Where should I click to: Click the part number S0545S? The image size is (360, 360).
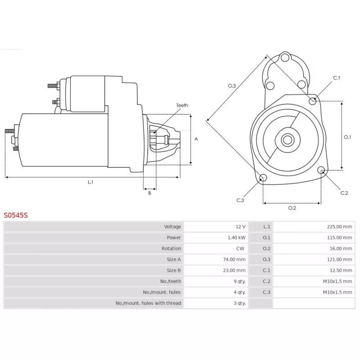coord(16,215)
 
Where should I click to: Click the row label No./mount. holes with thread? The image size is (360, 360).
coord(148,303)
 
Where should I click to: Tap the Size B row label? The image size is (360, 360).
coord(174,270)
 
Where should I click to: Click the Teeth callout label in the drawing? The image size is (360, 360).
coord(182,105)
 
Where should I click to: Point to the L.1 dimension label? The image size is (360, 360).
coord(90,182)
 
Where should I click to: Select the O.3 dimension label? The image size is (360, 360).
coord(232,85)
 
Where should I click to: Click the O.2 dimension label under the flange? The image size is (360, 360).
coord(292,208)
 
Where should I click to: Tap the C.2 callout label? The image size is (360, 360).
coord(344,193)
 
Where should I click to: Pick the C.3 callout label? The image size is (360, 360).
coord(240,200)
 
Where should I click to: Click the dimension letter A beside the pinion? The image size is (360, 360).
coord(196,139)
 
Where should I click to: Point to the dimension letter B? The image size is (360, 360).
coord(149,193)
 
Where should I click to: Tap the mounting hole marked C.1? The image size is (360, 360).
coord(313,100)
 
